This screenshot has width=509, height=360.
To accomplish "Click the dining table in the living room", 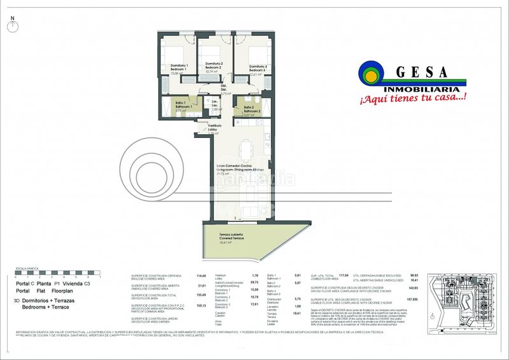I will (244, 151).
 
